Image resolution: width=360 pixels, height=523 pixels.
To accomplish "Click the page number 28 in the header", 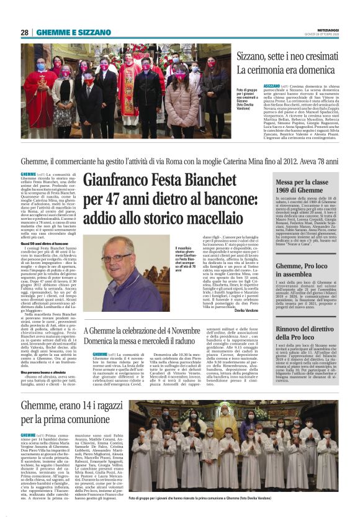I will point(25,32).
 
